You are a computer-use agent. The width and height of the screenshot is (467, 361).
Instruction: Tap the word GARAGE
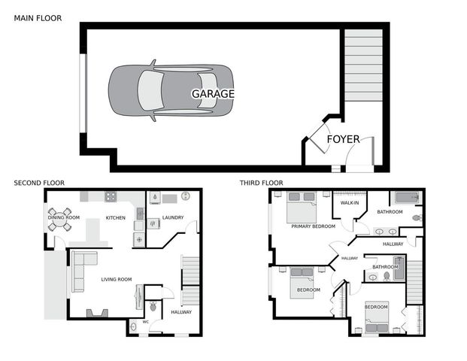coord(213,94)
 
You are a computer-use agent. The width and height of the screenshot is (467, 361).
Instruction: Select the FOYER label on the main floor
coord(343,139)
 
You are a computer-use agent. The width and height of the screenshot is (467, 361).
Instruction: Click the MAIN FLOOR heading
coord(38,17)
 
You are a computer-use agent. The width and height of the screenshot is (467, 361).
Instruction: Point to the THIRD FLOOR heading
coord(261,183)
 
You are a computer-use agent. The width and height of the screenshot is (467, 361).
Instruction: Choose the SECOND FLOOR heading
coord(39,183)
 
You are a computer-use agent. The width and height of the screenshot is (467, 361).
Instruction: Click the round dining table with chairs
coord(61,220)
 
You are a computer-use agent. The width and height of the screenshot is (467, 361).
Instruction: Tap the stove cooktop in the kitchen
coord(110,198)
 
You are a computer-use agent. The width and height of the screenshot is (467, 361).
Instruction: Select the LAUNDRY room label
coord(172,218)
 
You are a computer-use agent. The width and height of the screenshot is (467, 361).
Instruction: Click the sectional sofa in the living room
coord(81,271)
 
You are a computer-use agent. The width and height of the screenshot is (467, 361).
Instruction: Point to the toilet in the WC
coord(153,306)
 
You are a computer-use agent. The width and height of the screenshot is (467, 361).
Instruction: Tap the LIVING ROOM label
coord(117,279)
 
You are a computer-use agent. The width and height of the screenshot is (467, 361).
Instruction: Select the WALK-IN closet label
coord(350,203)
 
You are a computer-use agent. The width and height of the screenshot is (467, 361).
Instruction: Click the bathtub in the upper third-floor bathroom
coord(406,199)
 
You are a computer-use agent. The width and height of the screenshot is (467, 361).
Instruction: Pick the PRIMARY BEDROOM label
coord(313,226)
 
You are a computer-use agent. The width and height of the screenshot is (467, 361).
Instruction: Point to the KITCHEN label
coord(115,218)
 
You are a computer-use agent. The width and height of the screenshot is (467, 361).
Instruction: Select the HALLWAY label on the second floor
coord(181,312)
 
